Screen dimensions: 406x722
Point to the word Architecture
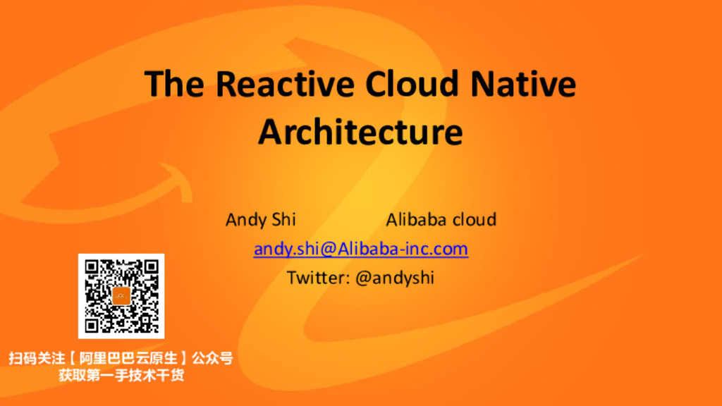tap(360, 132)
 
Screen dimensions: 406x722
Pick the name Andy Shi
tap(261, 220)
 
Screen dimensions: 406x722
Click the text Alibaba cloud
tap(441, 220)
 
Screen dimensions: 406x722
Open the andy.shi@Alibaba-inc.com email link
tap(361, 249)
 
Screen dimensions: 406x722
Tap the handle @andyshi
tap(395, 278)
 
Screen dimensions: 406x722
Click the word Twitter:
tap(318, 278)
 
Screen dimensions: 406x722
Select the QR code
tap(121, 296)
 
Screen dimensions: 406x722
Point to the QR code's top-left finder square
tap(93, 268)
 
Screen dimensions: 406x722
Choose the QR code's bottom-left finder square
tap(93, 324)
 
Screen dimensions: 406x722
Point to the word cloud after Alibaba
tap(474, 220)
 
